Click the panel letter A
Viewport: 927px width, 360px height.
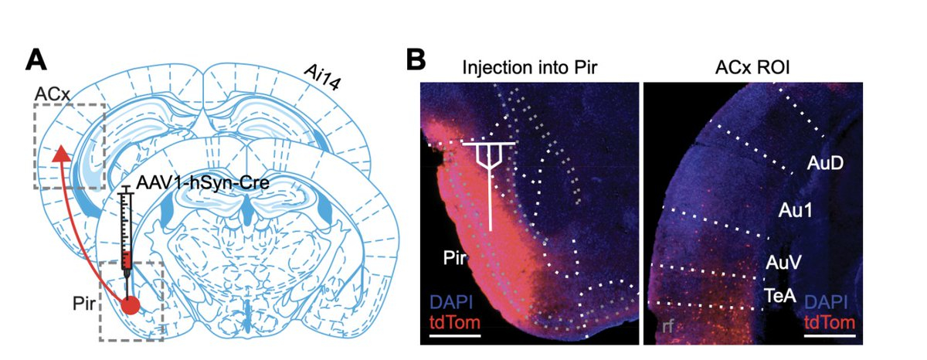coord(36,61)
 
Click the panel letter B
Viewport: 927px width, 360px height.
coord(416,60)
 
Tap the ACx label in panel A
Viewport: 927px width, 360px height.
coord(53,94)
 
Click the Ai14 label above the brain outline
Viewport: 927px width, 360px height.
coord(322,77)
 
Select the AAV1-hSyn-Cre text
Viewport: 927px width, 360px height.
coord(202,182)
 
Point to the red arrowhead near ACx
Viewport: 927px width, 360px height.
coord(62,153)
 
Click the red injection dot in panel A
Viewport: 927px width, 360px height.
coord(131,305)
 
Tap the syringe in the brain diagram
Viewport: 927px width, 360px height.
coord(127,240)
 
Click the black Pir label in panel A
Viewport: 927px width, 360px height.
coord(84,304)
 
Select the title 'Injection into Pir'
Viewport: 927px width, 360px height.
coord(530,67)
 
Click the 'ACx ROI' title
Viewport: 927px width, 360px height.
coord(752,67)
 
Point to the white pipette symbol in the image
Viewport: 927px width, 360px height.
coord(489,186)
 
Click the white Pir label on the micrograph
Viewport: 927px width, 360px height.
coord(454,258)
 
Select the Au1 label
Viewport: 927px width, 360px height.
coord(796,211)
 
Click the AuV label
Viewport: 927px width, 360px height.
coord(783,263)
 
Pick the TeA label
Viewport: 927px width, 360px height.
coord(779,295)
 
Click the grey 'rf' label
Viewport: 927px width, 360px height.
coord(668,327)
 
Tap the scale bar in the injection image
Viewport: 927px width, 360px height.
coord(455,335)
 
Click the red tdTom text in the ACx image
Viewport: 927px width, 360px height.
coord(829,322)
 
